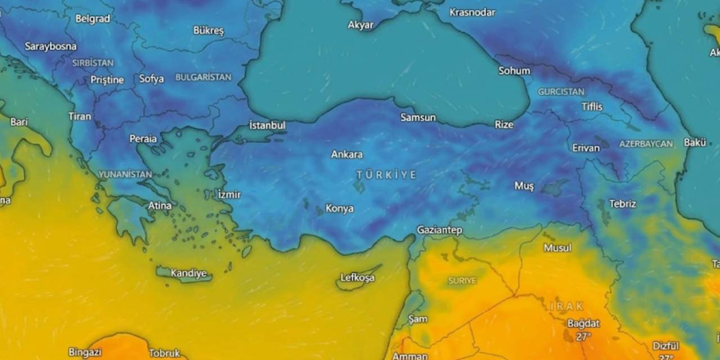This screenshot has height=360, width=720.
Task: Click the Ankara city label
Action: (346, 154)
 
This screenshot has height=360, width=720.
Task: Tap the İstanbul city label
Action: (267, 125)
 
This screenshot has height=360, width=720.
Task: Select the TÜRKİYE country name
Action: (386, 175)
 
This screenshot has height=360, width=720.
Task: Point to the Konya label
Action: (339, 209)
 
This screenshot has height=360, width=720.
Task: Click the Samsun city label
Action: (418, 118)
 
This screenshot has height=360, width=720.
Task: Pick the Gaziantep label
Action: (439, 230)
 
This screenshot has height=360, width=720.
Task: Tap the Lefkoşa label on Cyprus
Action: (357, 277)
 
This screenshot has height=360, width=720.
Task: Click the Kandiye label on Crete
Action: (188, 273)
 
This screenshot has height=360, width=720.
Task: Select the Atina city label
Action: (159, 206)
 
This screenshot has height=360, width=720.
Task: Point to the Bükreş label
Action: (208, 30)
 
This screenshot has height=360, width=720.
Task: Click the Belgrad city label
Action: (92, 19)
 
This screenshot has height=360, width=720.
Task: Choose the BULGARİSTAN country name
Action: (203, 77)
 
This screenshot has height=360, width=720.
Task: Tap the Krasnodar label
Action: (472, 12)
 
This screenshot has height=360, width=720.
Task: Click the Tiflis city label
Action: (592, 107)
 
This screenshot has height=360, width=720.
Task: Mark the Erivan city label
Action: (586, 148)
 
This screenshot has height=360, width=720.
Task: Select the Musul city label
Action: (557, 248)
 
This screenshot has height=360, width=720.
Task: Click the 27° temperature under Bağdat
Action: (583, 336)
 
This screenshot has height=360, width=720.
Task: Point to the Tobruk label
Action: (164, 353)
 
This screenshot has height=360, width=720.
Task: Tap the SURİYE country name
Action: (462, 280)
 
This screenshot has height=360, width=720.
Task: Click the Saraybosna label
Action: (51, 47)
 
